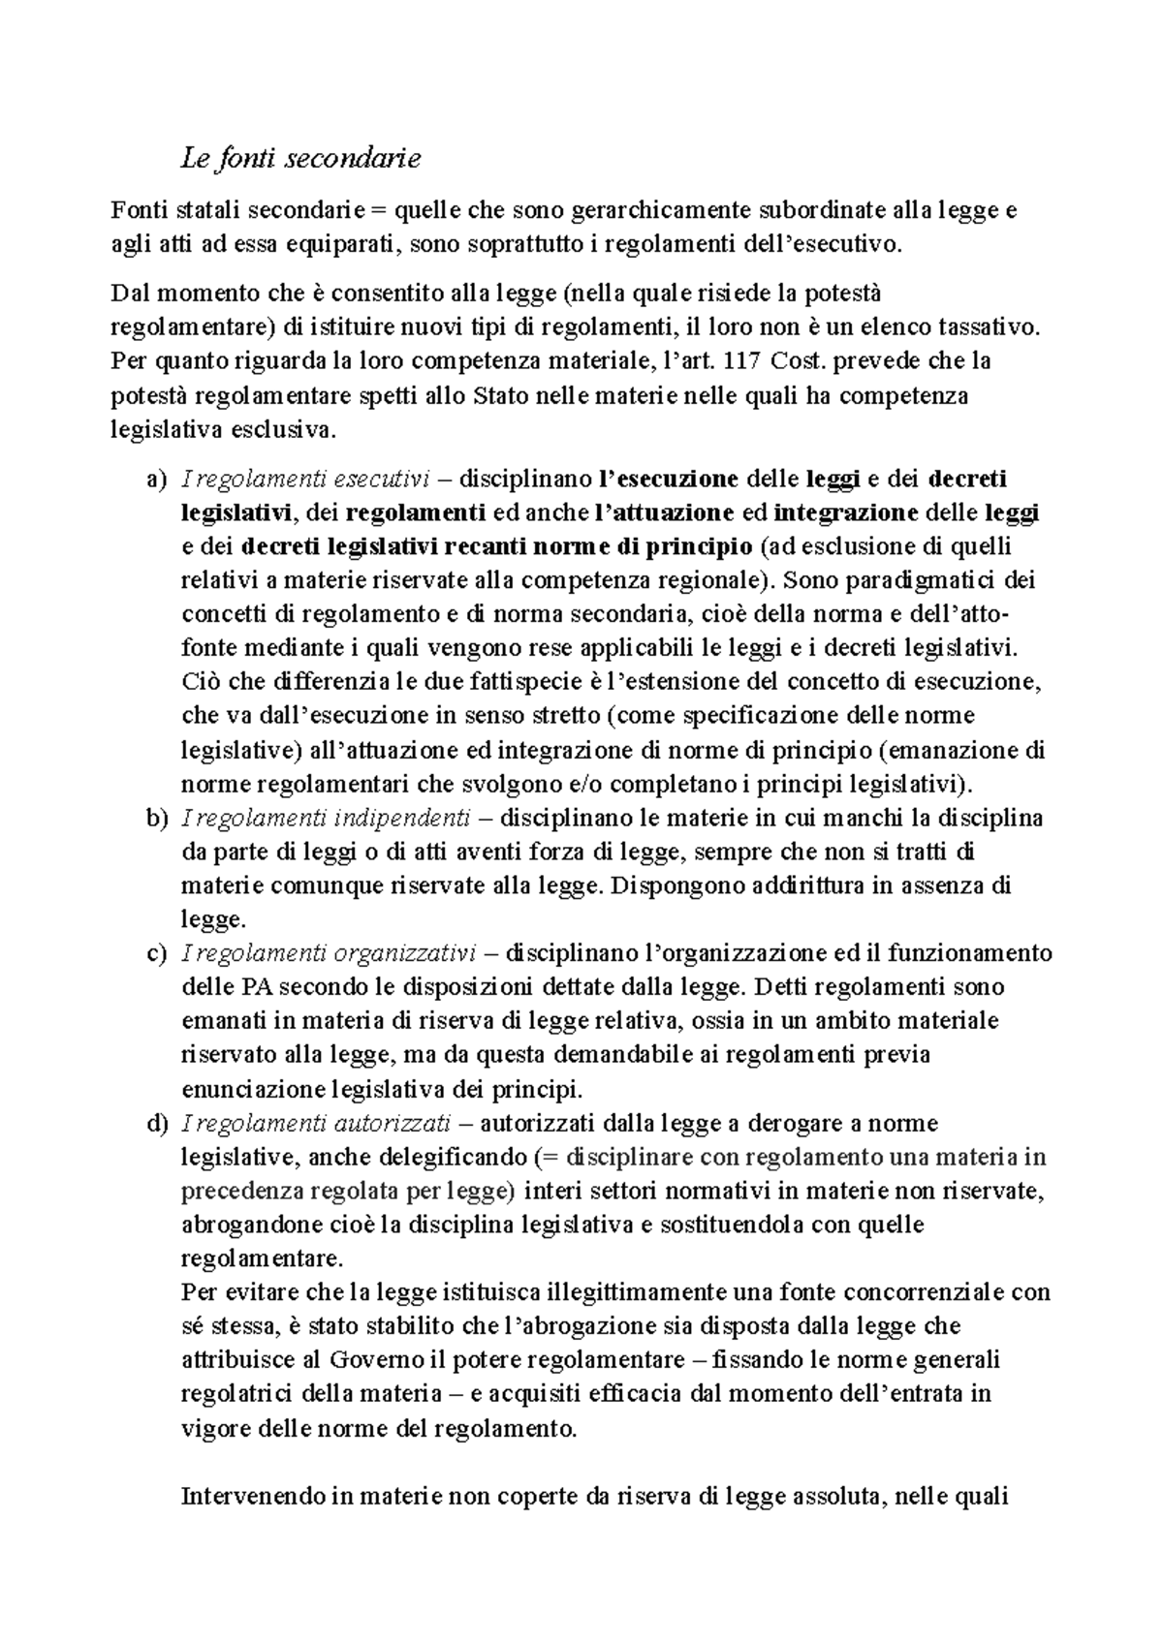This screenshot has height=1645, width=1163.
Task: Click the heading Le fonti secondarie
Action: pos(300,158)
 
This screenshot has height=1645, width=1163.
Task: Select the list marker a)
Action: pos(155,479)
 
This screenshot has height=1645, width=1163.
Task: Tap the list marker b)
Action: pos(155,818)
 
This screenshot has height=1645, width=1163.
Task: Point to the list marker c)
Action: pos(155,953)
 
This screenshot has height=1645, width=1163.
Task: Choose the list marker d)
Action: pos(155,1123)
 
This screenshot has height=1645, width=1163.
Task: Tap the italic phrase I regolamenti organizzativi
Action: pos(328,953)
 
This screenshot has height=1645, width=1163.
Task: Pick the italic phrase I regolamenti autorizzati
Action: pos(316,1123)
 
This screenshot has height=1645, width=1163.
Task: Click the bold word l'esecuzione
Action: pos(669,479)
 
